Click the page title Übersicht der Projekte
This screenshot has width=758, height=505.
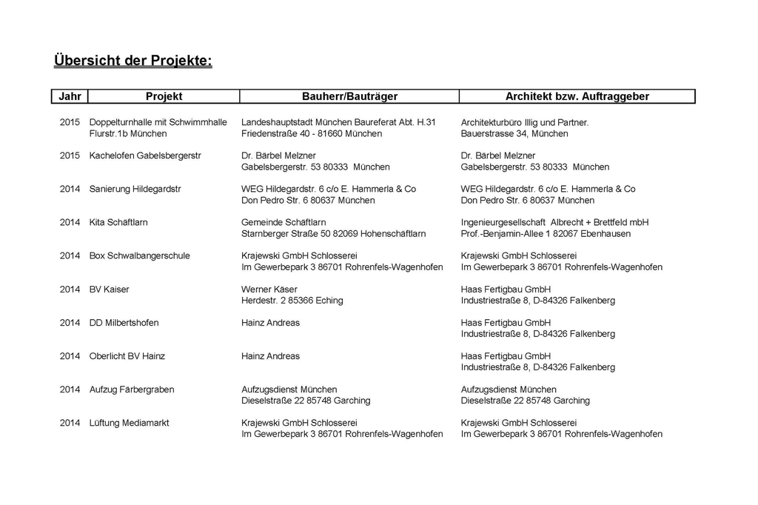(x=133, y=60)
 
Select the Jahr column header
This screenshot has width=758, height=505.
(x=70, y=96)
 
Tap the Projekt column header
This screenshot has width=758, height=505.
(x=164, y=96)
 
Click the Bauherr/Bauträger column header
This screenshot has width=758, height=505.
(x=349, y=96)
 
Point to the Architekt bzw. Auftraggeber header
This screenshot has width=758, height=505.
(x=577, y=96)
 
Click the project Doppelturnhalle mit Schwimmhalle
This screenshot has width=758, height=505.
(x=158, y=122)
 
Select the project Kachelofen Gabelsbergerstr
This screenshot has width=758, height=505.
(x=144, y=155)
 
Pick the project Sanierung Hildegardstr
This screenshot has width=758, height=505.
(x=135, y=189)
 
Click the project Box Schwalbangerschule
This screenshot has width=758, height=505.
(x=139, y=255)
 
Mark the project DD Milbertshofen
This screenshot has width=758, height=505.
(x=124, y=323)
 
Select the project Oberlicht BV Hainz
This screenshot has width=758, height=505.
(x=127, y=356)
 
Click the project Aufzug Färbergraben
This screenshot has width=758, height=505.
(x=132, y=389)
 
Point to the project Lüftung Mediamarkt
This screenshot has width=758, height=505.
(x=129, y=423)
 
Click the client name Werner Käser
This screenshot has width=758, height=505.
(x=269, y=289)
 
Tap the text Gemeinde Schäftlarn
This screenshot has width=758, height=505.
(x=284, y=222)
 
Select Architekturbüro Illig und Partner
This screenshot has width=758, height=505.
(x=524, y=122)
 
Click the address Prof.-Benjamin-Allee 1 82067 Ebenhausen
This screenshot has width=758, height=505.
(x=546, y=234)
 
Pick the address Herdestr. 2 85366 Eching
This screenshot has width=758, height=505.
(x=292, y=301)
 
